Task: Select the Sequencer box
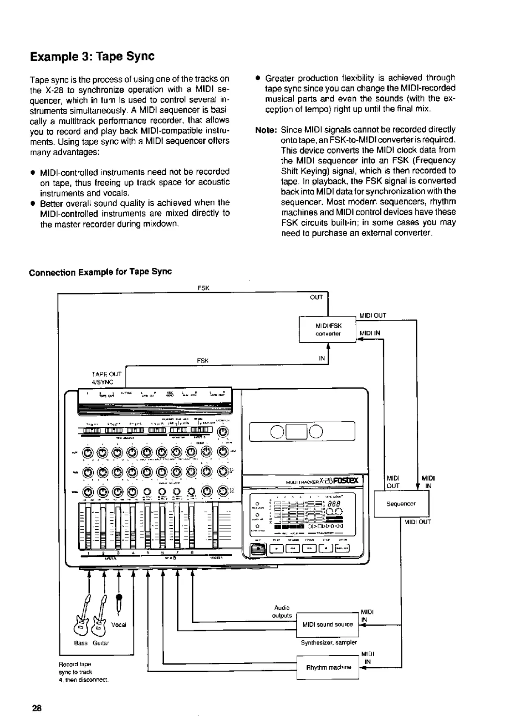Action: pyautogui.click(x=401, y=504)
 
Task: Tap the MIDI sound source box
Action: pyautogui.click(x=327, y=625)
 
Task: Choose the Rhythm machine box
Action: pyautogui.click(x=328, y=667)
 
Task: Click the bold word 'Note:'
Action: pyautogui.click(x=266, y=130)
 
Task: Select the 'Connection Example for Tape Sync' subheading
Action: pyautogui.click(x=100, y=272)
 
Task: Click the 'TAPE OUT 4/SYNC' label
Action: pyautogui.click(x=107, y=378)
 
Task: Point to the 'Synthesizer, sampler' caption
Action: pyautogui.click(x=328, y=642)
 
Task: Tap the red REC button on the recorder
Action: pyautogui.click(x=258, y=549)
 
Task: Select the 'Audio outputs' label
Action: pyautogui.click(x=282, y=611)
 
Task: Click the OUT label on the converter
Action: pyautogui.click(x=316, y=297)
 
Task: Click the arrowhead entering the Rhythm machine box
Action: pyautogui.click(x=362, y=668)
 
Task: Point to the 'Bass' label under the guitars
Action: pyautogui.click(x=80, y=643)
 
